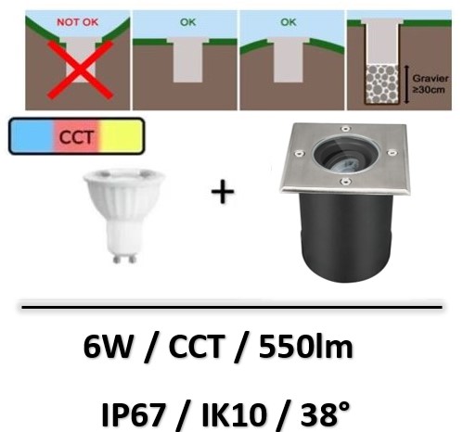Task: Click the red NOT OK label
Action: [x=78, y=22]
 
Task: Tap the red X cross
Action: [x=81, y=70]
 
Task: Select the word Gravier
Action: [x=431, y=79]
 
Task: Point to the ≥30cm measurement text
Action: [x=429, y=90]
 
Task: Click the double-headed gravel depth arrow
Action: [x=406, y=84]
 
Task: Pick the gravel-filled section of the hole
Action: [x=381, y=84]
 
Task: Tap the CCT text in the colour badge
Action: [x=76, y=137]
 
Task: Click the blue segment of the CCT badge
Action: [x=32, y=136]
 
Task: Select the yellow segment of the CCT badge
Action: [x=122, y=136]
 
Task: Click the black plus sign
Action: [x=223, y=192]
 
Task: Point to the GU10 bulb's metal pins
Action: [x=124, y=258]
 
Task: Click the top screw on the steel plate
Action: [x=345, y=129]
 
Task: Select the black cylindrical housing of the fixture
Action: [x=346, y=238]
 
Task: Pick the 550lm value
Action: [x=305, y=347]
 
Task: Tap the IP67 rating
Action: [x=134, y=413]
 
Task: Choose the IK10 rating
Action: [x=234, y=413]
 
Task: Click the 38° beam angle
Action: [x=325, y=413]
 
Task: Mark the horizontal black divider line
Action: [x=232, y=307]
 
